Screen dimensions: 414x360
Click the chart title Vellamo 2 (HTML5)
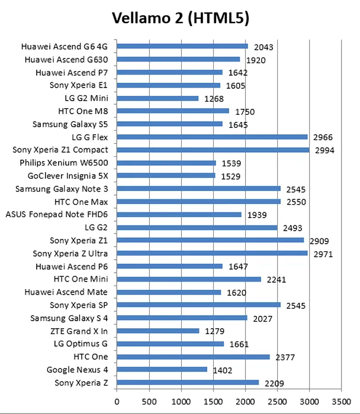point(180,18)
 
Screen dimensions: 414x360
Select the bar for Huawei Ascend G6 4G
point(182,46)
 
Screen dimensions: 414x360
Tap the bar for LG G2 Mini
point(157,98)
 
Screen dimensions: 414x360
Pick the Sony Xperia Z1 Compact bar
point(213,150)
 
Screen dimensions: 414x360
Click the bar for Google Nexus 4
point(162,370)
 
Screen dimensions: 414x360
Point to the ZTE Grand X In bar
point(158,331)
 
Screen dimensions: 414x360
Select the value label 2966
point(323,138)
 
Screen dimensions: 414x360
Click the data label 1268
point(215,99)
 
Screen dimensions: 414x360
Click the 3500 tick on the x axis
point(340,400)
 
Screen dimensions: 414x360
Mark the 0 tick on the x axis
point(117,400)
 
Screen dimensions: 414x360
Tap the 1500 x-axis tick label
point(213,400)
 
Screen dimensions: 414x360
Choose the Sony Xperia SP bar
point(198,305)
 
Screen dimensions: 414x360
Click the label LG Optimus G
point(81,344)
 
